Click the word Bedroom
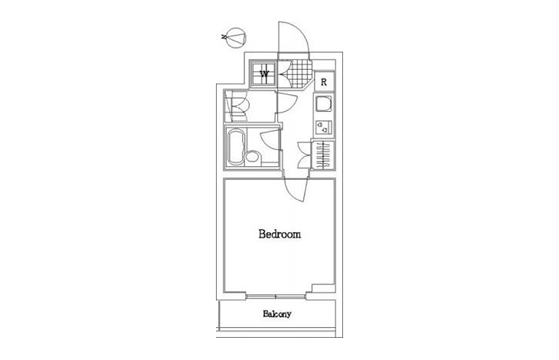[279, 234]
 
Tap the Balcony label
[277, 314]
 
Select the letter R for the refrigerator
[324, 82]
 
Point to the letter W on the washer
[264, 74]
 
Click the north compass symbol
[237, 38]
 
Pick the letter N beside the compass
[224, 36]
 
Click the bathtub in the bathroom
[237, 147]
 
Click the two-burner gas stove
[324, 127]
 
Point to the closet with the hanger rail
[323, 155]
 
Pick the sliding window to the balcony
[276, 296]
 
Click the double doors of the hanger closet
[305, 155]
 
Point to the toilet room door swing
[287, 103]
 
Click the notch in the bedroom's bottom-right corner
[323, 288]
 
